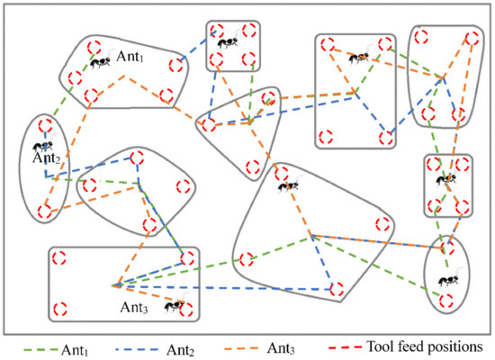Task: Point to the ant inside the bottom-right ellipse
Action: [x=443, y=282]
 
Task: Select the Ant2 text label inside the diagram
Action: [x=46, y=159]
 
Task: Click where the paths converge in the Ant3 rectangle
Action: [x=117, y=286]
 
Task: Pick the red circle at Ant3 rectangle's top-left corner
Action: [x=58, y=258]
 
